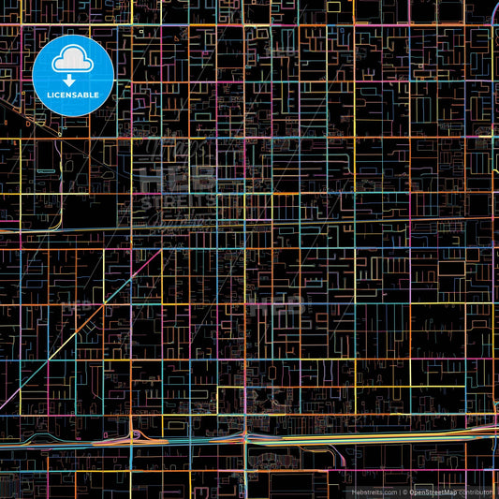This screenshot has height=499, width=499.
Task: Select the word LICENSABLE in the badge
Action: (72, 95)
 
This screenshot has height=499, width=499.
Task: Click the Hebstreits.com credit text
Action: (374, 492)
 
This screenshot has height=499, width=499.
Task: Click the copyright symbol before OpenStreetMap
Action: (405, 492)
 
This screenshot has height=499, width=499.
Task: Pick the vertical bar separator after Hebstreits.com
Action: (400, 492)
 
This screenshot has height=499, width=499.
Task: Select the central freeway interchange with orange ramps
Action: (245, 436)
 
